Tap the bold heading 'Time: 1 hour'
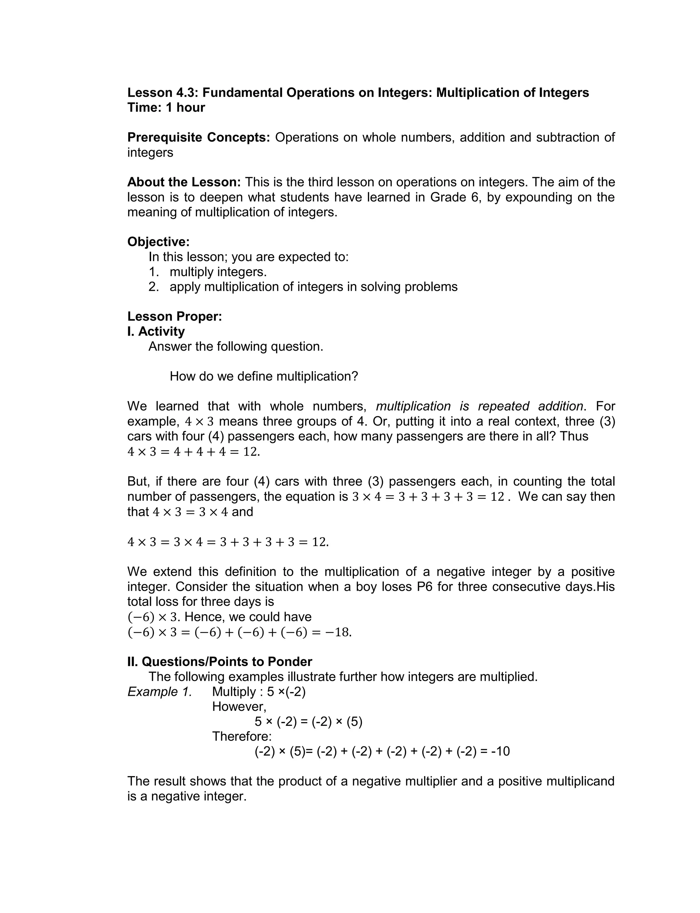click(166, 107)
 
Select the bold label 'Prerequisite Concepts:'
click(199, 138)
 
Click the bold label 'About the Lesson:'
click(184, 182)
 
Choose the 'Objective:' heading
click(158, 242)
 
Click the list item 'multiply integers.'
click(218, 272)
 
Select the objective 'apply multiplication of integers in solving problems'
click(313, 287)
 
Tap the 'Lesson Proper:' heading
click(175, 316)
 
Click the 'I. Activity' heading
click(156, 331)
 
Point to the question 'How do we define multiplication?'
click(264, 377)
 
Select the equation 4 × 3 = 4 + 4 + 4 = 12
click(194, 452)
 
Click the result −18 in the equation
click(338, 632)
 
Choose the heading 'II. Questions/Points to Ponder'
click(219, 662)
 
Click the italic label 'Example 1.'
click(160, 692)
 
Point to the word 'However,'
click(239, 707)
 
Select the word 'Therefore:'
click(242, 736)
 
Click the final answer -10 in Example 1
click(500, 752)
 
